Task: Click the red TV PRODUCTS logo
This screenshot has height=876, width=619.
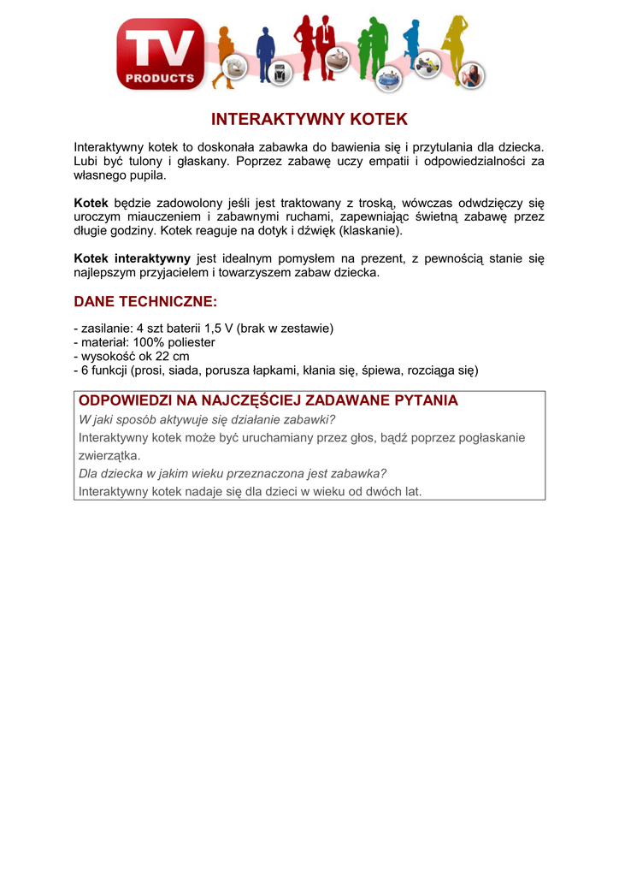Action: pos(161,54)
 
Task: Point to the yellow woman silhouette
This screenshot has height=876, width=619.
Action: pos(455,47)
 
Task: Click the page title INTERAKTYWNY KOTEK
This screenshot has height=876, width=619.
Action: pos(309,119)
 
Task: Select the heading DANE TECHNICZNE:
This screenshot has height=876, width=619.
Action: pos(145,302)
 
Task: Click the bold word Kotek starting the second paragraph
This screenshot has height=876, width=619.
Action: pos(91,203)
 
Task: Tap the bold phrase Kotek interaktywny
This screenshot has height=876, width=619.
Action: pos(132,258)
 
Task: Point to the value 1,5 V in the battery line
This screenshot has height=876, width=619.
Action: pos(219,328)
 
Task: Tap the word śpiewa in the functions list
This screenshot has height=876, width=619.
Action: pos(381,370)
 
